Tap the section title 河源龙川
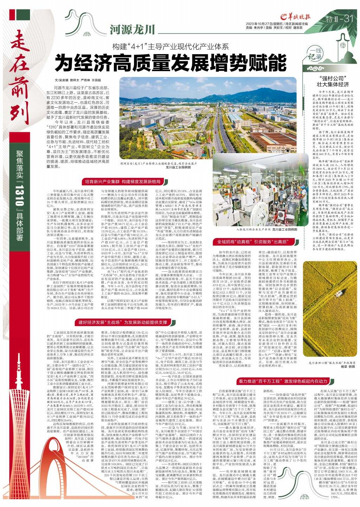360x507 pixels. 132,30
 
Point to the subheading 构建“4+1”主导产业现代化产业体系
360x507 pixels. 170,46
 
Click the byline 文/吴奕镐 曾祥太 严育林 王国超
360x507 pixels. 75,81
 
